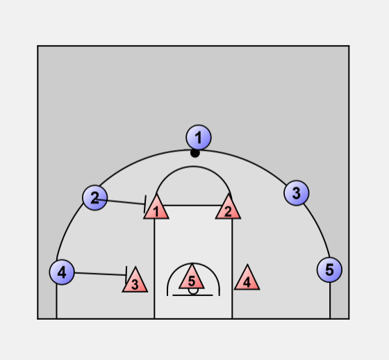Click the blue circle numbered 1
pos(199,138)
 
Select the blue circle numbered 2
pos(94,197)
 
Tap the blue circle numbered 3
pos(297,193)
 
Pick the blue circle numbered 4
pos(62,272)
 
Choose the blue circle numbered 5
pos(329,270)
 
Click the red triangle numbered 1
pos(156,208)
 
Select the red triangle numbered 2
pos(228,208)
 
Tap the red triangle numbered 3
pos(135,281)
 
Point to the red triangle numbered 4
pos(247,279)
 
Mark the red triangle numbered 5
pos(192,278)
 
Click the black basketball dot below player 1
pos(195,153)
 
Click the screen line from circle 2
pos(120,202)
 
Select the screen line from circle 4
pos(101,274)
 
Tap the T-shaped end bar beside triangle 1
pos(145,204)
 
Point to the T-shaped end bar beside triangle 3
pos(126,275)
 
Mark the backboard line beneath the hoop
pos(192,295)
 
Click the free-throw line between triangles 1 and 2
pos(192,205)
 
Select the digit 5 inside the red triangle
pos(192,281)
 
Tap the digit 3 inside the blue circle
pos(296,193)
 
